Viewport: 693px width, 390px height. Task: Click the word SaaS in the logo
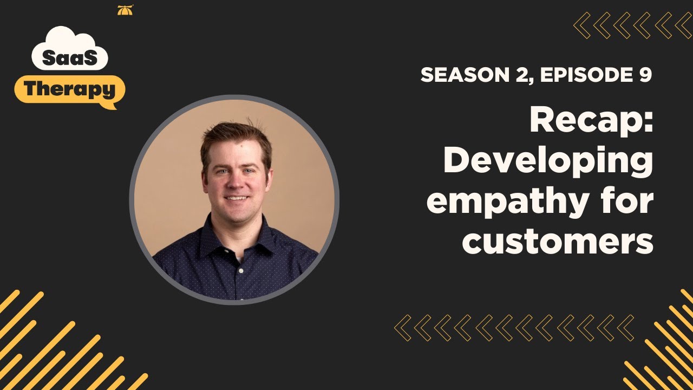tap(70, 58)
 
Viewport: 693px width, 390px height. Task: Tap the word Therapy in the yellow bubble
tap(70, 89)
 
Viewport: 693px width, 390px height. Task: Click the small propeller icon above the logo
tap(125, 10)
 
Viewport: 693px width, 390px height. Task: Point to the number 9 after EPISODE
tap(644, 75)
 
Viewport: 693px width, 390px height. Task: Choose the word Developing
tap(548, 161)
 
